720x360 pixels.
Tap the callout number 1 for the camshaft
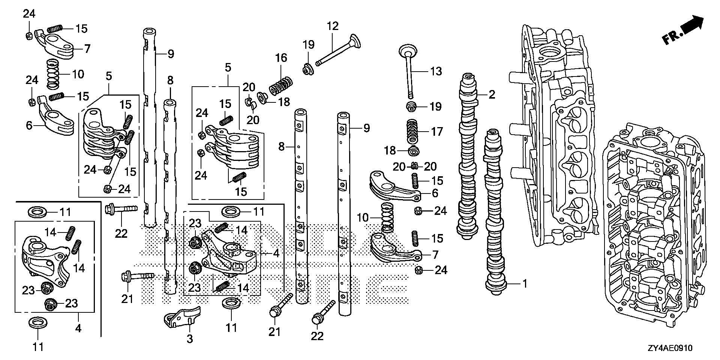tap(525, 284)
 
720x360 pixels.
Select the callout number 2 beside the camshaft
tap(492, 94)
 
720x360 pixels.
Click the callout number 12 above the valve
tap(333, 26)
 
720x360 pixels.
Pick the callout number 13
tap(436, 71)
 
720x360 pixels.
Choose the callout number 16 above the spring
tap(281, 58)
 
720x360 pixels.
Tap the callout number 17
tap(437, 132)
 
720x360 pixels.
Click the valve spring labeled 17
tap(413, 131)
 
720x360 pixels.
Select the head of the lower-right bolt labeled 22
tap(317, 319)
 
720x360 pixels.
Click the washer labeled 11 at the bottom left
tap(38, 322)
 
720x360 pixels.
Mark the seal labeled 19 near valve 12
tap(309, 69)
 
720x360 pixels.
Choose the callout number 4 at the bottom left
tap(78, 328)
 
